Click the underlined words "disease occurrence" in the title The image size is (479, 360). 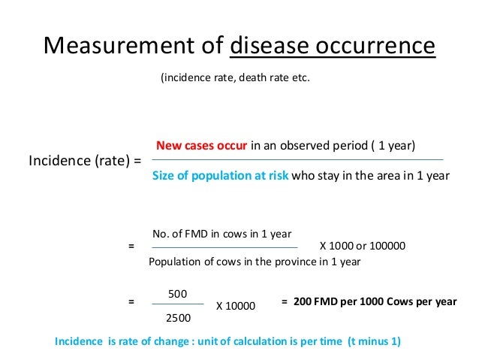[332, 47]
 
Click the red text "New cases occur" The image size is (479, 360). [201, 145]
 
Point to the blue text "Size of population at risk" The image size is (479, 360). [220, 176]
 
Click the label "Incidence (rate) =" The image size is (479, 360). [85, 161]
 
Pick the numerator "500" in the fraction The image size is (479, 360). [177, 292]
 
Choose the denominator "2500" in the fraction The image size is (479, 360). [177, 318]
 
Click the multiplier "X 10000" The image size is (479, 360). [236, 306]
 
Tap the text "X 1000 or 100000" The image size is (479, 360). [363, 246]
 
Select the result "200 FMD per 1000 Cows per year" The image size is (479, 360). [375, 301]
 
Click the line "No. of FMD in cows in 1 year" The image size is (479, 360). [221, 234]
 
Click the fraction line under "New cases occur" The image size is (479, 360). [297, 159]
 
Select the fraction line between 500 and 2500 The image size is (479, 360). [177, 304]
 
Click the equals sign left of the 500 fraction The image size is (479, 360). [131, 301]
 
